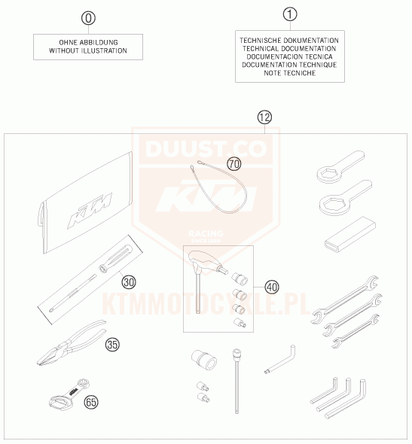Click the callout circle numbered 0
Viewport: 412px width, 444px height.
pos(88,18)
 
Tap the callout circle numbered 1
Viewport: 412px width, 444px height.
pos(290,14)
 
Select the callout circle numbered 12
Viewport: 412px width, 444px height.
pos(264,117)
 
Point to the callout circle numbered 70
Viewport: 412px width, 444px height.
pos(234,164)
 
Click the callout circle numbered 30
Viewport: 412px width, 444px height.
pos(129,282)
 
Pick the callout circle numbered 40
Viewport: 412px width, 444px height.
pos(272,287)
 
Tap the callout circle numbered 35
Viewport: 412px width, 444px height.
pos(112,345)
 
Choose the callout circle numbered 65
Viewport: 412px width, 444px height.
pos(91,402)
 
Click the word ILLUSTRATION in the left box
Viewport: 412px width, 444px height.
pos(104,50)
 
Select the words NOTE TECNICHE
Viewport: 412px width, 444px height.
pos(289,73)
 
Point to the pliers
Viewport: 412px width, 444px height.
pos(72,342)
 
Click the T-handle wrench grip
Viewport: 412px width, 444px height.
pos(207,262)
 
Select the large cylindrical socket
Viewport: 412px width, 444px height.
pos(204,360)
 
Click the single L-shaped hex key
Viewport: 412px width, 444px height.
pos(280,360)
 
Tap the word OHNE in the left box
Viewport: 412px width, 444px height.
pos(69,42)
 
